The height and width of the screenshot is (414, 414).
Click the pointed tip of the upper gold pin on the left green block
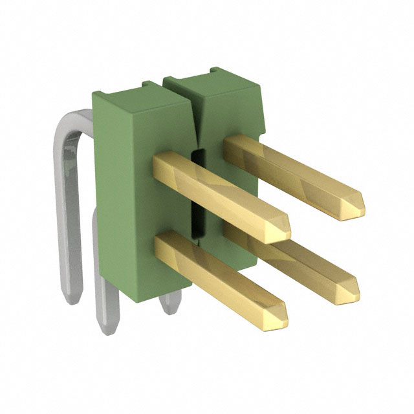click(285, 229)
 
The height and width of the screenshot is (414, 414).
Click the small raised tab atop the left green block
click(150, 83)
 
